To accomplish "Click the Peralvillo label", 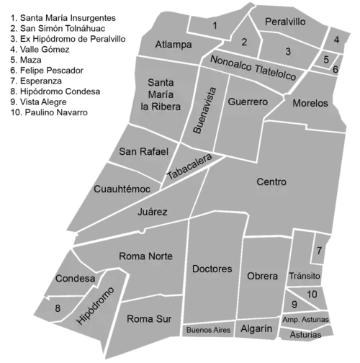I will [285, 22].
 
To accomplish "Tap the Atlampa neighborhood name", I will [174, 45].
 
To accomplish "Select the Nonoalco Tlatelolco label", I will [253, 67].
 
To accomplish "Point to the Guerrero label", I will [248, 102].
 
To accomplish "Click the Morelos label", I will [310, 103].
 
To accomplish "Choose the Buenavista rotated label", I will [204, 110].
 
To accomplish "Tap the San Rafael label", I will [143, 151].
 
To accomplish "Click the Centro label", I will [271, 182].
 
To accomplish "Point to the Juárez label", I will [153, 212].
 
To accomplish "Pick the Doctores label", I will [212, 269].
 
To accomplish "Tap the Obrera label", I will [262, 276].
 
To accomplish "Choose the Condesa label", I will [75, 279].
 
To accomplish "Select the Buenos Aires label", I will [208, 330].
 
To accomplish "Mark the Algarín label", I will [256, 328].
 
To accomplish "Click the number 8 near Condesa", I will [58, 309].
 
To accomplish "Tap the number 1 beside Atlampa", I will [215, 26].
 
